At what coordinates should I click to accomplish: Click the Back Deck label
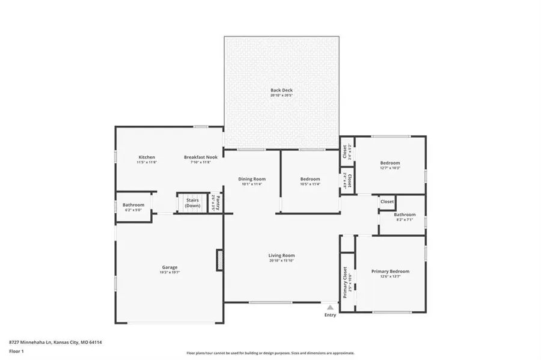pos(281,90)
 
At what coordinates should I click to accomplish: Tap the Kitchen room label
pos(147,157)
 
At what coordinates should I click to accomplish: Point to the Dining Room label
pos(252,179)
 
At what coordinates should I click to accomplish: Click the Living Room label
pos(281,255)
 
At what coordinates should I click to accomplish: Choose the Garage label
pos(170,267)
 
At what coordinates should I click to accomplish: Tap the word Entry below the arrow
pos(330,315)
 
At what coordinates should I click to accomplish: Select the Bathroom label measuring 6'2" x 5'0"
pos(133,205)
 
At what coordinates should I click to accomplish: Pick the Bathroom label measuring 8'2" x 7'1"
pos(405,215)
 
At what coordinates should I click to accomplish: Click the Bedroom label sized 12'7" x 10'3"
pos(390,163)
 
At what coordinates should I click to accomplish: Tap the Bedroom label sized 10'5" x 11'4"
pos(310,179)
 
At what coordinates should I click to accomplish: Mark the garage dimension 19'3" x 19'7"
pos(170,272)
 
